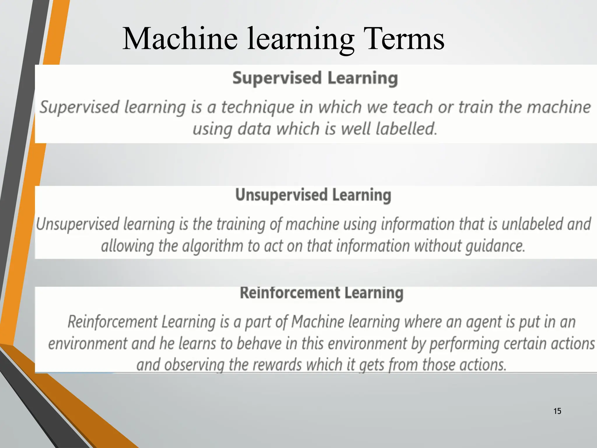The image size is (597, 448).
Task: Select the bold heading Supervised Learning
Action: click(315, 78)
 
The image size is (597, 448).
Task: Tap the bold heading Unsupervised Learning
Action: click(313, 195)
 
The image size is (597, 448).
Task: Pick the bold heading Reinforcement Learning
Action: click(322, 293)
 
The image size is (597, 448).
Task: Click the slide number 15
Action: click(557, 411)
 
